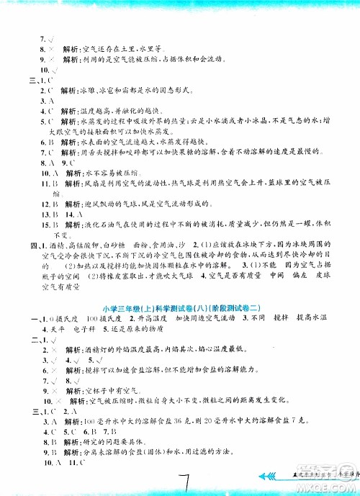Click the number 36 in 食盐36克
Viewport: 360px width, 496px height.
click(189, 420)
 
